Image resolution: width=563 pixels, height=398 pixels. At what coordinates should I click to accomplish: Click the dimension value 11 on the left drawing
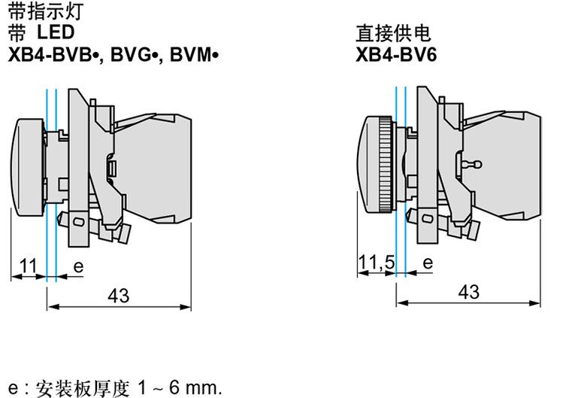(x=28, y=266)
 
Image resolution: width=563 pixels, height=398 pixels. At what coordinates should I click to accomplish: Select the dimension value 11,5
(x=377, y=263)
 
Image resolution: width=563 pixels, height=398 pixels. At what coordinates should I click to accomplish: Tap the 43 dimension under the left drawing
(x=119, y=296)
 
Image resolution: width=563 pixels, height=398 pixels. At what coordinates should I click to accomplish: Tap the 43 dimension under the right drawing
(x=468, y=292)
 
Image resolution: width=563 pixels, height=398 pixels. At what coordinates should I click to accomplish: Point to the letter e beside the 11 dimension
(x=78, y=267)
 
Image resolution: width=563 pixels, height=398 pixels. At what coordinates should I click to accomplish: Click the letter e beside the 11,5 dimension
(x=428, y=263)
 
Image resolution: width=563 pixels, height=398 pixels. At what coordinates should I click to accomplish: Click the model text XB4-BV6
(x=396, y=55)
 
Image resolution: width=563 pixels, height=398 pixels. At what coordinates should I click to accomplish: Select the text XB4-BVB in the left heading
(x=50, y=55)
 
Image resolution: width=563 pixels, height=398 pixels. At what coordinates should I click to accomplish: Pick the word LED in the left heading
(x=56, y=32)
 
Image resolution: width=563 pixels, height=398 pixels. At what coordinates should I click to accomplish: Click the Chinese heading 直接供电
(x=393, y=33)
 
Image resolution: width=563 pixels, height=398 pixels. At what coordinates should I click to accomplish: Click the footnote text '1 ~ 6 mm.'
(x=180, y=387)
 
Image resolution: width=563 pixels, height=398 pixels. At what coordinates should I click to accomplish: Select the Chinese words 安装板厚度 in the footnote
(x=83, y=388)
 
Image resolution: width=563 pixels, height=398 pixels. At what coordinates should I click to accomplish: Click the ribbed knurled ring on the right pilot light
(x=386, y=164)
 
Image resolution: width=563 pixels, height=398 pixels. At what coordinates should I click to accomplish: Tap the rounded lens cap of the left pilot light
(x=27, y=164)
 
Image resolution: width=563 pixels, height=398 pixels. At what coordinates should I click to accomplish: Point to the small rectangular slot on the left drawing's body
(x=113, y=169)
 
